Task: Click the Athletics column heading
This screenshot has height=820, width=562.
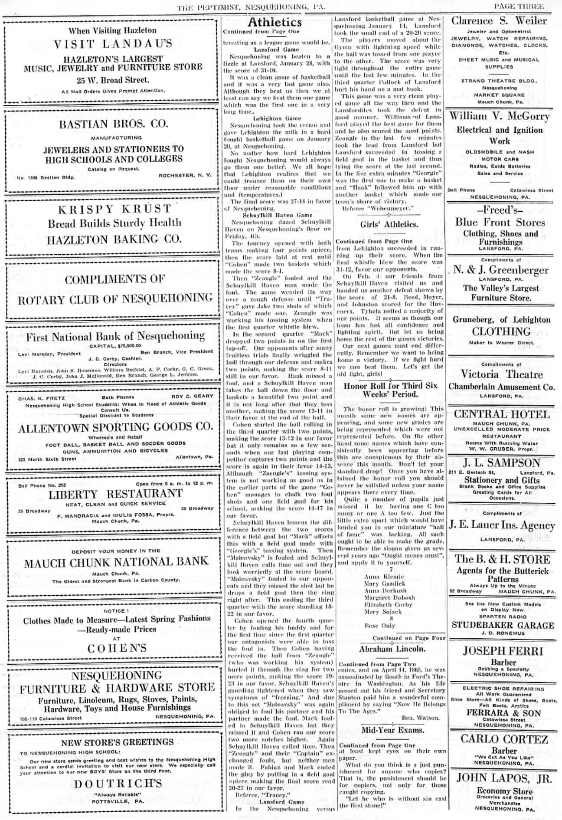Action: coord(274,22)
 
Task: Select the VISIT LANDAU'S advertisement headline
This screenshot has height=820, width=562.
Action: coord(113,44)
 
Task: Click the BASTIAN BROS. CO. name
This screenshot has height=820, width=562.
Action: coord(114,124)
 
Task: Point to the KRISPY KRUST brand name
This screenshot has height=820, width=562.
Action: coord(114,209)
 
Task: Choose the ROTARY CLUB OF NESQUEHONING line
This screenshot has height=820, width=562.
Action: coord(115,298)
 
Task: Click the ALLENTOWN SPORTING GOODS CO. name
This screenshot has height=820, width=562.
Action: coord(115,427)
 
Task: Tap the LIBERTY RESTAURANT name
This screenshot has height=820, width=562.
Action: coord(115,494)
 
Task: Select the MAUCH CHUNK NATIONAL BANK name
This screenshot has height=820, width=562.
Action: coord(116,563)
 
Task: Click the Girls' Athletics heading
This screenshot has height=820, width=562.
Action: coord(389,224)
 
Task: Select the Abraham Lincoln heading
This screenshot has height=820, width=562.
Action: coord(392,649)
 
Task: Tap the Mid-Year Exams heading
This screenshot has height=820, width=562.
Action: coord(393,730)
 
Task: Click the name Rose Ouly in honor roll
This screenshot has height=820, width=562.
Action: coord(380,626)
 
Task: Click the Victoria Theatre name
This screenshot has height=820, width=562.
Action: coord(501,374)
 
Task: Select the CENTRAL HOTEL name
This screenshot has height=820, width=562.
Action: coord(501,414)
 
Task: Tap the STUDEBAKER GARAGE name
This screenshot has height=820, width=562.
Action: coord(503,625)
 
